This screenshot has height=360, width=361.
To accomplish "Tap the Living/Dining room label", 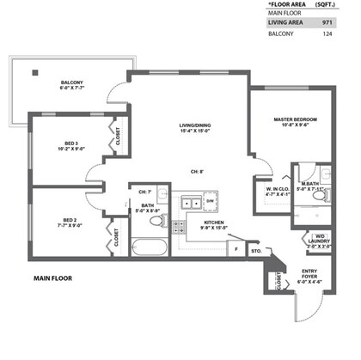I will (x=190, y=126).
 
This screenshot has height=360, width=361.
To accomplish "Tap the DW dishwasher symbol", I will (x=209, y=202).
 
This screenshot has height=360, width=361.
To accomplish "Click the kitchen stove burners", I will (x=179, y=228).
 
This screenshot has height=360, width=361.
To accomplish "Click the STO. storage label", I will (x=255, y=252).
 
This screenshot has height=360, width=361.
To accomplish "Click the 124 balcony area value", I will (x=327, y=34).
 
